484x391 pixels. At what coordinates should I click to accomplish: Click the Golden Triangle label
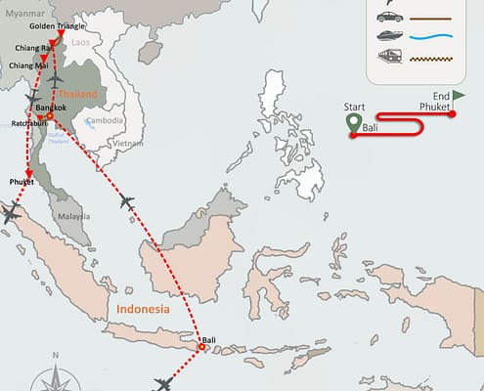(x=57, y=26)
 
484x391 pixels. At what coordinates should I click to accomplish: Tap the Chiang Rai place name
(x=33, y=47)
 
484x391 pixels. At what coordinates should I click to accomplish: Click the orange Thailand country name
(x=78, y=94)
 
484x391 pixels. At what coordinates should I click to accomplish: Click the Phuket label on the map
(x=22, y=182)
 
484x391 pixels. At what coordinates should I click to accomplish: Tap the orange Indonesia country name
(x=143, y=309)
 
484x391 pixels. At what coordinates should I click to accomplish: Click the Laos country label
(x=80, y=43)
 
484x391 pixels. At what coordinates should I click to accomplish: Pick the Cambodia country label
(x=105, y=121)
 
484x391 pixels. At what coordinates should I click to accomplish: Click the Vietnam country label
(x=119, y=143)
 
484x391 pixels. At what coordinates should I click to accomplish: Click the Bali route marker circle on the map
(x=202, y=346)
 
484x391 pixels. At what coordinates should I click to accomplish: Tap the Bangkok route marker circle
(x=50, y=116)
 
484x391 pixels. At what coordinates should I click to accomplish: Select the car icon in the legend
(x=389, y=17)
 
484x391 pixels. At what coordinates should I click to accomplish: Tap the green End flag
(x=459, y=97)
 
